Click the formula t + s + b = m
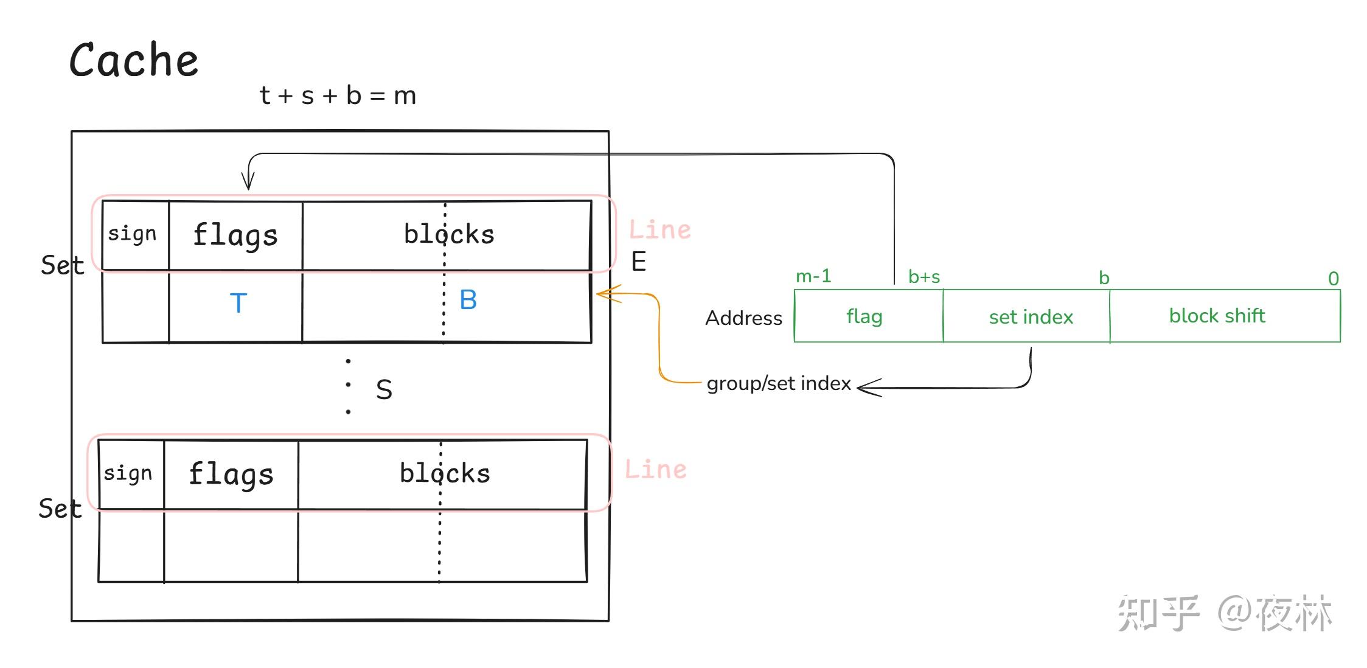[338, 96]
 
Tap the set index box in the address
[1031, 317]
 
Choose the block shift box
[1217, 316]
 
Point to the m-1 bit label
[813, 276]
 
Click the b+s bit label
[924, 277]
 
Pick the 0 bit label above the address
[1333, 279]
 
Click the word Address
[743, 318]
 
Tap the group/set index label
[779, 383]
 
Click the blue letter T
[238, 303]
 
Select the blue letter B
[468, 300]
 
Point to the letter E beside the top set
[638, 262]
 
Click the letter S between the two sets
[384, 390]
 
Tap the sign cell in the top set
[133, 234]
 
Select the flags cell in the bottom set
[231, 474]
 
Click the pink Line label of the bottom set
[656, 470]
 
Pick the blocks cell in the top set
[449, 234]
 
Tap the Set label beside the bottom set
[60, 509]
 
